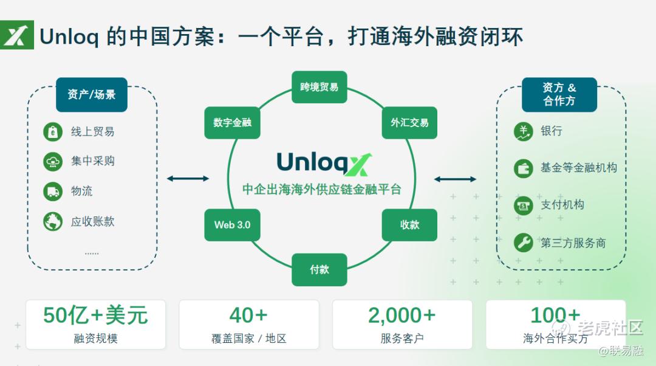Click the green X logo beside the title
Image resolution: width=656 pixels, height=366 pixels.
[17, 36]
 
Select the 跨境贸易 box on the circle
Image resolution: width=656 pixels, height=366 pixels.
[319, 88]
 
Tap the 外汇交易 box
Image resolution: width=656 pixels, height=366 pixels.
[409, 123]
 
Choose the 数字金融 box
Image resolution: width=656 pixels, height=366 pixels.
[232, 123]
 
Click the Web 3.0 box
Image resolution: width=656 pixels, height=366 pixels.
[232, 225]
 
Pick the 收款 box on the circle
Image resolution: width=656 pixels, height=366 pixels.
[409, 225]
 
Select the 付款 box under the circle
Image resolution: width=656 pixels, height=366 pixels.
[319, 269]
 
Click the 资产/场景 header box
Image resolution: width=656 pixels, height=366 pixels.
[92, 95]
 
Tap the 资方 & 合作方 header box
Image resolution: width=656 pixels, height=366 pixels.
[559, 95]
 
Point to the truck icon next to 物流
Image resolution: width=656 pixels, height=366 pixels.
[53, 192]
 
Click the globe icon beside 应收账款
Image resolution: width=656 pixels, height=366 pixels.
[53, 221]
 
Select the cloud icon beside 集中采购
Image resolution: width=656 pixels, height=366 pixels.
[53, 162]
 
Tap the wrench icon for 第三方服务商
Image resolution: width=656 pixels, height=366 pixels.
[523, 243]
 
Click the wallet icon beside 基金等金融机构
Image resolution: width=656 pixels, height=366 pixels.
[523, 168]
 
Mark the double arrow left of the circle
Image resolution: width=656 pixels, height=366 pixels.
[188, 178]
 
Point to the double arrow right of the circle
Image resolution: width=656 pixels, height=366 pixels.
[455, 179]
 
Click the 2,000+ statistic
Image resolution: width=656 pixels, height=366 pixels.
[401, 316]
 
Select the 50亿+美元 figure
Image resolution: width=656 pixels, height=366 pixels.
[95, 316]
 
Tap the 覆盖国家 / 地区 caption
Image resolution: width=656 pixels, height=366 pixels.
[248, 339]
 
